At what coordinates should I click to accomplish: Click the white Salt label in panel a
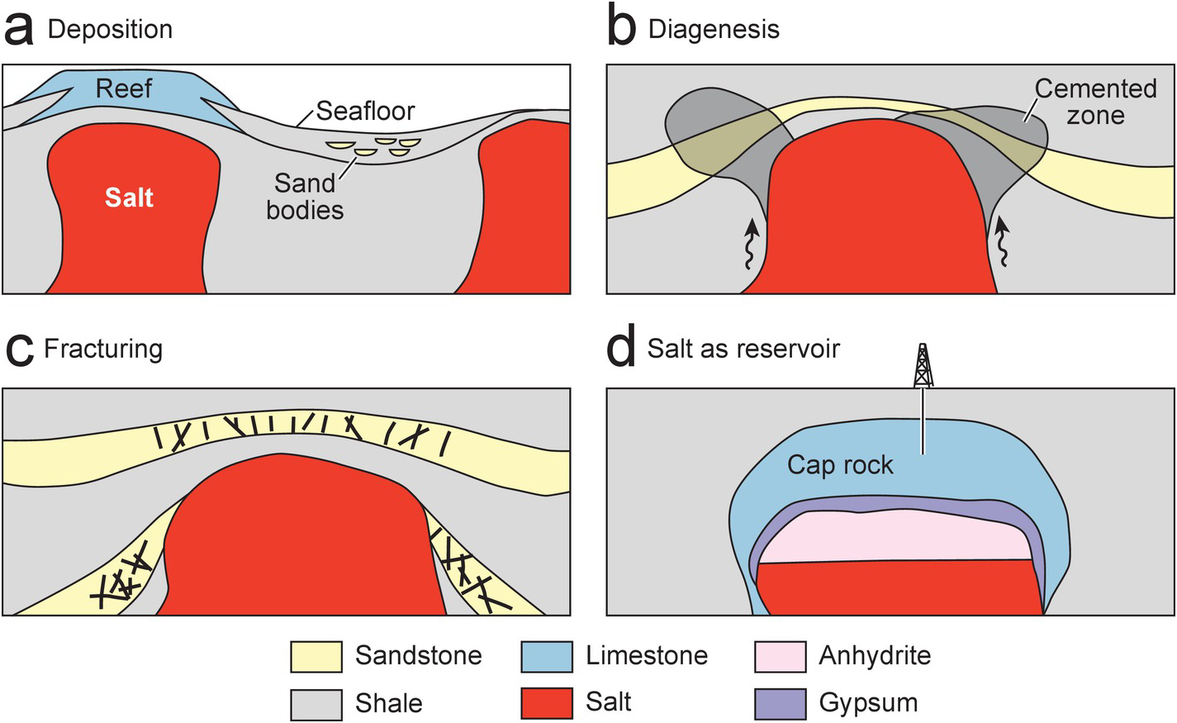[129, 197]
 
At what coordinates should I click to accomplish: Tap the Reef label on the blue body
[124, 88]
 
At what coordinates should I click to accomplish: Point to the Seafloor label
[365, 111]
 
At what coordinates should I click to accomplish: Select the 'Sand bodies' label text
[305, 196]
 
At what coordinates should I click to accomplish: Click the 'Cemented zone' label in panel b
[1095, 101]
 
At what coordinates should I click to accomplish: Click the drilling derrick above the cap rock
[923, 367]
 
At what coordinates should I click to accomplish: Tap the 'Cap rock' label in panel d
[840, 464]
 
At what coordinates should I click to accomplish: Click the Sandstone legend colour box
[316, 656]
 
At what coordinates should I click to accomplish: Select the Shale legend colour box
[316, 703]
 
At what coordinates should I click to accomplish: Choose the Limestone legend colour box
[547, 656]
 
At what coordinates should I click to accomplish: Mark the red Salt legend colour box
[547, 703]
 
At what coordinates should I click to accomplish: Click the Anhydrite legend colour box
[780, 656]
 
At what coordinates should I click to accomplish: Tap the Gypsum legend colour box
[780, 703]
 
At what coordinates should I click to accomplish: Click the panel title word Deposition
[110, 30]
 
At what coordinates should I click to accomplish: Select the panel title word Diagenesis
[714, 30]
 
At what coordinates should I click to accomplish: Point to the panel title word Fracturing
[103, 349]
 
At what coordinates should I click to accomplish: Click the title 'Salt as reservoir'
[743, 349]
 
